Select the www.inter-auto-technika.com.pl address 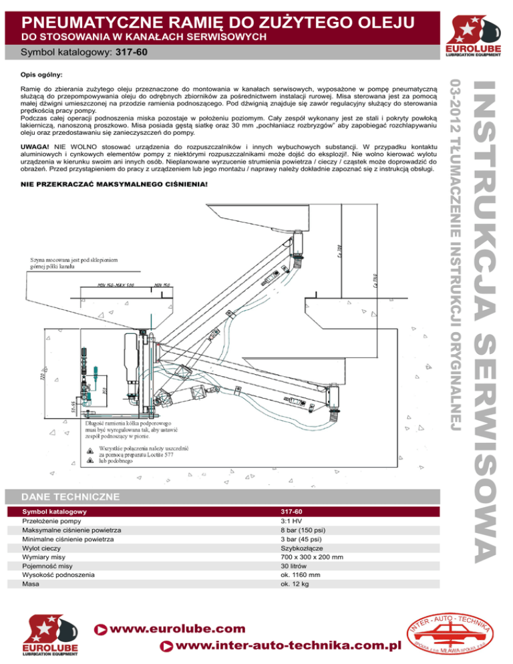pos(289,646)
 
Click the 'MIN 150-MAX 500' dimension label pos(115,285)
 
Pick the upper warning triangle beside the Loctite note pos(90,450)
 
